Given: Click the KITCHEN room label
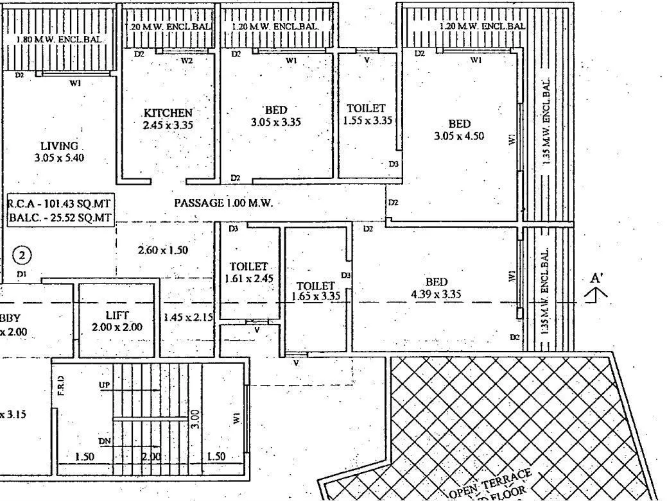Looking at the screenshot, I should [x=168, y=113].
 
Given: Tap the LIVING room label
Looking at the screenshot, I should [x=58, y=146].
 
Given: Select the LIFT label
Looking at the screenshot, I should [x=117, y=315].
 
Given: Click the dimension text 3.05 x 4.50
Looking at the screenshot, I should [x=458, y=136].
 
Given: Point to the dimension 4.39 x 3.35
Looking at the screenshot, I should [x=436, y=294].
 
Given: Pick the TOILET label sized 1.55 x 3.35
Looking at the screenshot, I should [x=366, y=108].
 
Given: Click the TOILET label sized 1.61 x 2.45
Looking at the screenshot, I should [x=249, y=266].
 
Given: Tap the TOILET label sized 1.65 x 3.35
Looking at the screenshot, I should [x=316, y=285].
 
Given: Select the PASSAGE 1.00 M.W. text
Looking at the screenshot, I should [x=223, y=203].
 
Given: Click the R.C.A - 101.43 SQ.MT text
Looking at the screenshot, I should [x=60, y=203].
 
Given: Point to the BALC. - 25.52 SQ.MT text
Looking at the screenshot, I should [x=60, y=218].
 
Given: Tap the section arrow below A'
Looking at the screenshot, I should [x=597, y=294].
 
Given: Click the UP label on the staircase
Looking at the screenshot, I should [x=104, y=385].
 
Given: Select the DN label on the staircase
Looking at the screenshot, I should [x=104, y=441].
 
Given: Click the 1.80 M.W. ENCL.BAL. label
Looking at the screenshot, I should [x=59, y=40].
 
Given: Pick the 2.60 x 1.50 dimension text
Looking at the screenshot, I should [x=162, y=250].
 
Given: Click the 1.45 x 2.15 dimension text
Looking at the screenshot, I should [x=187, y=317].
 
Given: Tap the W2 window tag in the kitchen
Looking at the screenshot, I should [x=186, y=60].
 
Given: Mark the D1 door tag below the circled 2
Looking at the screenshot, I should [x=22, y=274].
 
